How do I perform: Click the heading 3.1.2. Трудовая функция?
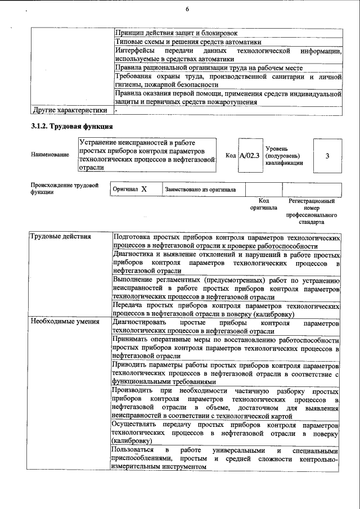(72, 126)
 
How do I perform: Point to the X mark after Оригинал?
(144, 190)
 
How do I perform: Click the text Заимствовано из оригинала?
(200, 190)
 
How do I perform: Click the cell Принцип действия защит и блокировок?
(175, 34)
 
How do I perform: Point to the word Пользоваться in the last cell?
(133, 451)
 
